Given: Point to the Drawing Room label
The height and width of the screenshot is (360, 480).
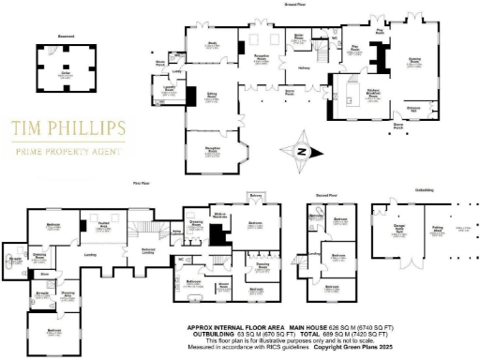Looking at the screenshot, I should point(413,64).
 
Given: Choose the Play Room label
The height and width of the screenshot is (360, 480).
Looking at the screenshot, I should point(355,46).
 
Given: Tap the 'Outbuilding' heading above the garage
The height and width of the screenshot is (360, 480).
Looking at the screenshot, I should point(422,194).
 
